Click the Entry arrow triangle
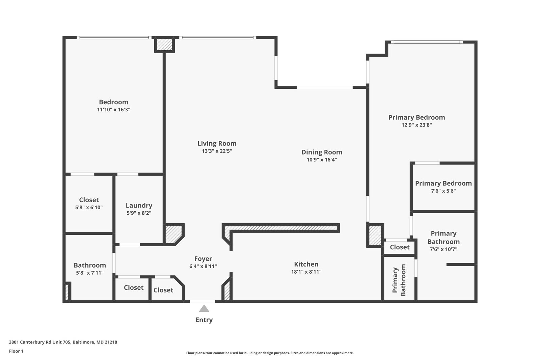(x=204, y=309)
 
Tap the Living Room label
(x=217, y=143)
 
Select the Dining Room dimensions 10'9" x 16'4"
(x=322, y=160)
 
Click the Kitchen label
(x=306, y=264)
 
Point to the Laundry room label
(x=139, y=205)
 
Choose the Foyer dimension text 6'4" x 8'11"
(x=203, y=266)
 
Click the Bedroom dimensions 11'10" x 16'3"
(x=113, y=109)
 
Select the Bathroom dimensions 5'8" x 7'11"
(x=90, y=273)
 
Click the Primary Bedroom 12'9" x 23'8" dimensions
(x=416, y=125)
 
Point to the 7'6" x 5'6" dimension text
(x=443, y=191)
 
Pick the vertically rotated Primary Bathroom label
(x=399, y=280)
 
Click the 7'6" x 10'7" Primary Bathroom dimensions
(x=443, y=249)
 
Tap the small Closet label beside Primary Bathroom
(x=400, y=247)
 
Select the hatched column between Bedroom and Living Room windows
(x=164, y=45)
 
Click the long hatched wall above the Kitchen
(x=281, y=228)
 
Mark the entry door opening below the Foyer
(x=202, y=301)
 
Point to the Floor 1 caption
(x=16, y=351)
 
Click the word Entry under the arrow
(x=204, y=320)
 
